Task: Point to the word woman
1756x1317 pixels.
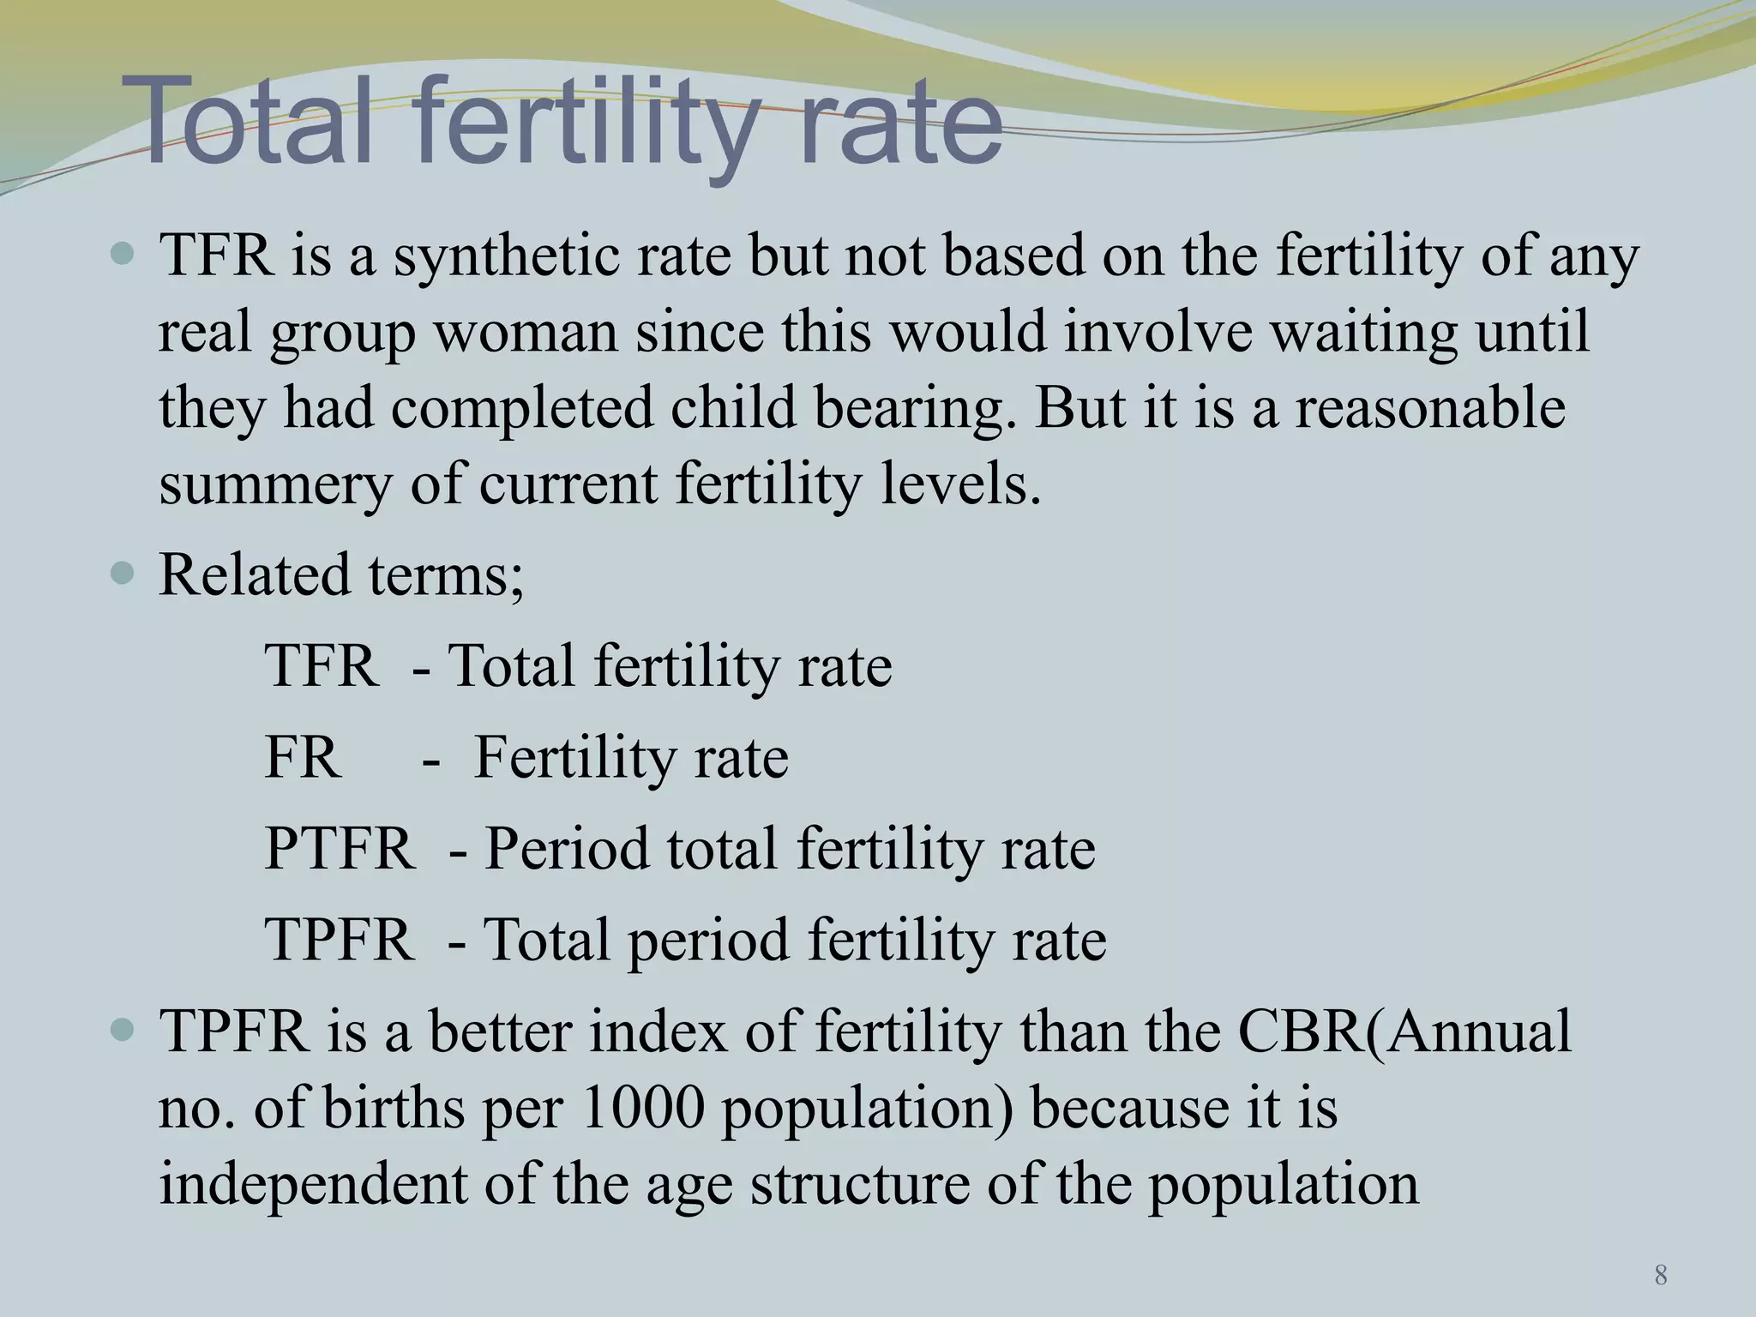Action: coord(526,333)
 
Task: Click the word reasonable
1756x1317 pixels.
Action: coord(1429,408)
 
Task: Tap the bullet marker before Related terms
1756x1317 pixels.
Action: coord(123,573)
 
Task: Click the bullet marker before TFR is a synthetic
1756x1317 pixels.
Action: coord(123,254)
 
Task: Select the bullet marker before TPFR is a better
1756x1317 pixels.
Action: coord(123,1029)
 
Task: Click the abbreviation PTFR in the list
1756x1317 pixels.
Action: coord(339,849)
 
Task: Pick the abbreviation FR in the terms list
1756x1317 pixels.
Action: coord(302,758)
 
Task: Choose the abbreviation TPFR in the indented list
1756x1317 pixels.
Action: coord(339,940)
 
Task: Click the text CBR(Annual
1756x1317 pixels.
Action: coord(1404,1031)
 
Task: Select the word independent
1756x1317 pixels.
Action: coord(313,1184)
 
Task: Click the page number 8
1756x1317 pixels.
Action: coord(1661,1276)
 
